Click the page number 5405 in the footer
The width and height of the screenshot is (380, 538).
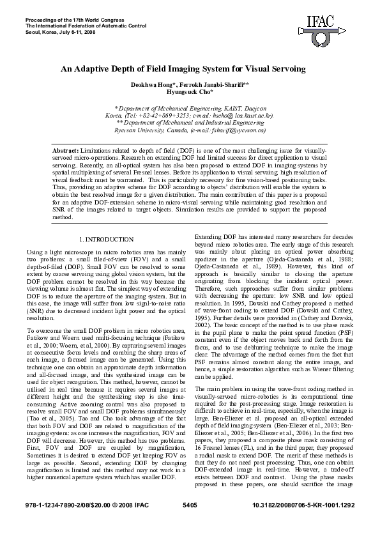[x=190, y=523]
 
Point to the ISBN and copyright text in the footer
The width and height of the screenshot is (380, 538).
[x=70, y=523]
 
